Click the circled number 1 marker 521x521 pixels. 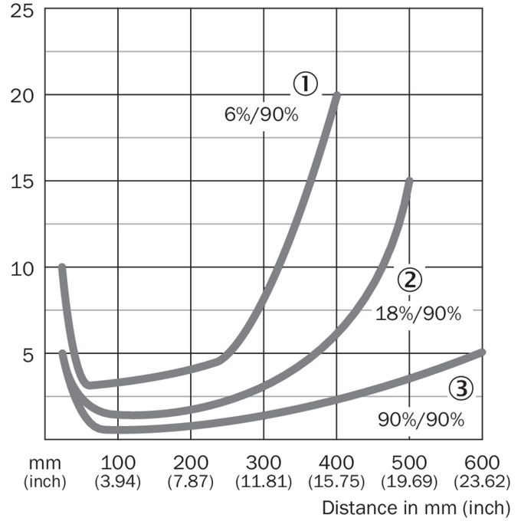[x=306, y=84]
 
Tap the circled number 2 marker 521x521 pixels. [x=410, y=280]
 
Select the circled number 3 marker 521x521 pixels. [x=461, y=388]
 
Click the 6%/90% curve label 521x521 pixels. [x=261, y=115]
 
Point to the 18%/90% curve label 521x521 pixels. [x=418, y=313]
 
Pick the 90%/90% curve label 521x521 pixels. [x=421, y=420]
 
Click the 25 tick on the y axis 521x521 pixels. [x=22, y=11]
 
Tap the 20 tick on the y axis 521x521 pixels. [x=22, y=97]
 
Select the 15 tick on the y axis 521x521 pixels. [x=22, y=182]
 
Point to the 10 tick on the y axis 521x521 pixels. [x=22, y=268]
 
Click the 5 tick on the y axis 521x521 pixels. [x=28, y=356]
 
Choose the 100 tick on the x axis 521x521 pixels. [x=118, y=463]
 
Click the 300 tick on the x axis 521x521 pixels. [x=264, y=463]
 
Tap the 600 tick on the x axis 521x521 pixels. [x=482, y=463]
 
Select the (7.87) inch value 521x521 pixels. [x=191, y=481]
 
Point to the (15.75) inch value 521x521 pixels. [x=336, y=481]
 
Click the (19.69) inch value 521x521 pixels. [x=409, y=481]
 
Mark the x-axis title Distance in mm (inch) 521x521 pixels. [x=416, y=508]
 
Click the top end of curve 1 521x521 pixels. [x=337, y=95]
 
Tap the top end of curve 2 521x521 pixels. [x=410, y=181]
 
